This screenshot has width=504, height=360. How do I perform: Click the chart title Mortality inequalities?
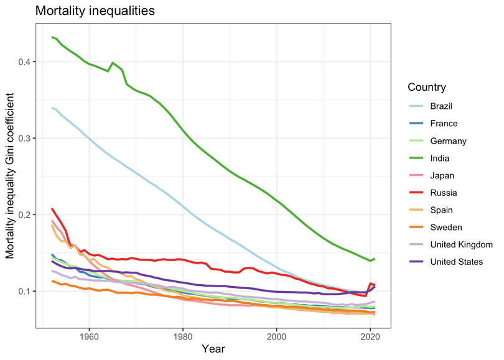pyautogui.click(x=95, y=11)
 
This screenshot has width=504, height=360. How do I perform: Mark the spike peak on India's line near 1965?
pyautogui.click(x=112, y=63)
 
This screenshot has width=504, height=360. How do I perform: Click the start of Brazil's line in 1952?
pyautogui.click(x=52, y=108)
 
